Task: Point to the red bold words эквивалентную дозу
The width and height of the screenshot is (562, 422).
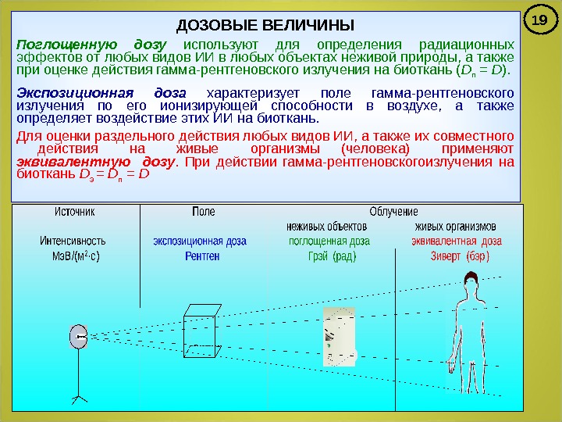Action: point(94,162)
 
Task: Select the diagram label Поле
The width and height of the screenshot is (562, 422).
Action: point(203,212)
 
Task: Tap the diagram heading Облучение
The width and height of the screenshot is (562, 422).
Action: point(393,212)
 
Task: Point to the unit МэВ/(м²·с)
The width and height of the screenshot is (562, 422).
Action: point(75,256)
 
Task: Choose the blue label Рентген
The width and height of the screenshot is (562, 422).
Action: point(202,256)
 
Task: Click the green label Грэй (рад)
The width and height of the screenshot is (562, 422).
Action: point(333,256)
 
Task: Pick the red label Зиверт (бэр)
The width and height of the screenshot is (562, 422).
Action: point(455,256)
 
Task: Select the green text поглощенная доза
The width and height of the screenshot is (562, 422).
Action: point(329,241)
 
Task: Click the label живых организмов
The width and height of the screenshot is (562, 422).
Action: point(455,227)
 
